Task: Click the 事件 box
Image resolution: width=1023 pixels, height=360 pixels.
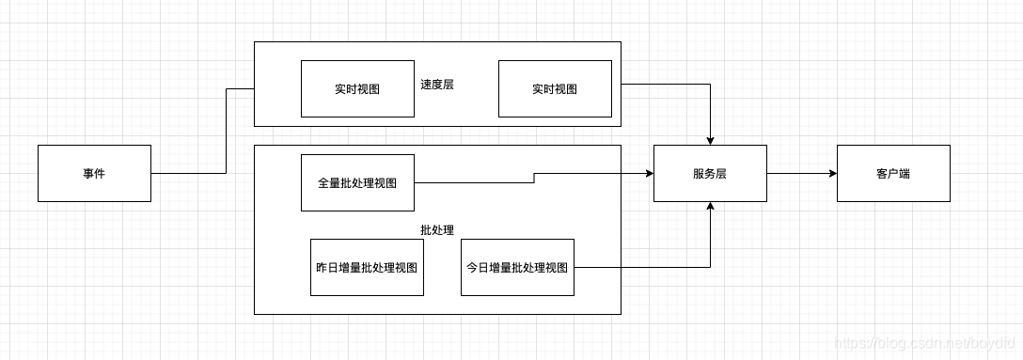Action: pyautogui.click(x=94, y=173)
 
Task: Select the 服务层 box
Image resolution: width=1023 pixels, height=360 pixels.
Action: pyautogui.click(x=710, y=173)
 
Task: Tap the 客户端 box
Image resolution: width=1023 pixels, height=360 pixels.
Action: pyautogui.click(x=893, y=173)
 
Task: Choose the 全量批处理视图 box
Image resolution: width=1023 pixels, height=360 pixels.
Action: pyautogui.click(x=357, y=182)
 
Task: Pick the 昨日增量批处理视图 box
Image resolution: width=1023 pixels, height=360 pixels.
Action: pyautogui.click(x=367, y=267)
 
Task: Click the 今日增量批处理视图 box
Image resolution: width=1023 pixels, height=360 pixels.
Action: pyautogui.click(x=517, y=267)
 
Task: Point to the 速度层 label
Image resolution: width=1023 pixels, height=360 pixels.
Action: pyautogui.click(x=437, y=84)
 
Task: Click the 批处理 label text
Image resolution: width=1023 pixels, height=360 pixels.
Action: pyautogui.click(x=437, y=229)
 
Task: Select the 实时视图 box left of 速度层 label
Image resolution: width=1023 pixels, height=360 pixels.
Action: pyautogui.click(x=357, y=89)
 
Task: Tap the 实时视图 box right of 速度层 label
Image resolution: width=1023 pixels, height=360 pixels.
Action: pyautogui.click(x=555, y=89)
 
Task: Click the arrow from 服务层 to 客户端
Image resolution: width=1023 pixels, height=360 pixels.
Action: pyautogui.click(x=799, y=173)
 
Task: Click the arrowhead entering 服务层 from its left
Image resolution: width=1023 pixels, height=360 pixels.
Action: pyautogui.click(x=648, y=173)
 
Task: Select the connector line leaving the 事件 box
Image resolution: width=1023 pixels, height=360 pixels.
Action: pyautogui.click(x=188, y=173)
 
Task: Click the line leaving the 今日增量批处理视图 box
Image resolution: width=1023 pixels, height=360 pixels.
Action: pyautogui.click(x=639, y=267)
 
